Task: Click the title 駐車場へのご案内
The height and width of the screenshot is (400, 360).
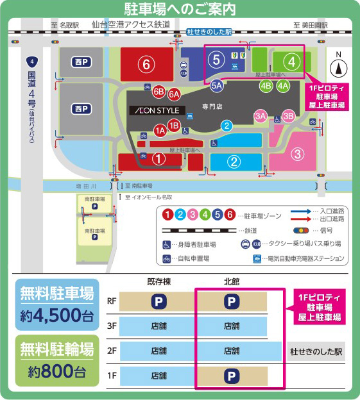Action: tap(180, 9)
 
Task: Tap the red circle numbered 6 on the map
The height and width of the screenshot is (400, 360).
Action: tap(147, 64)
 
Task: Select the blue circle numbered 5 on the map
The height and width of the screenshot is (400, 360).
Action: tap(216, 60)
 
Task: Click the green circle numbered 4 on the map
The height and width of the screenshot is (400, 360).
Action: tap(291, 62)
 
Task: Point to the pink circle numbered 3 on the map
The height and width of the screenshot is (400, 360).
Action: tap(297, 154)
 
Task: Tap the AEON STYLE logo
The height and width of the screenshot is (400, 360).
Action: tap(157, 110)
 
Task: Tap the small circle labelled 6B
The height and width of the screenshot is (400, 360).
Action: tap(159, 91)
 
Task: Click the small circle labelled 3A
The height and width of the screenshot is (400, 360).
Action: tap(260, 116)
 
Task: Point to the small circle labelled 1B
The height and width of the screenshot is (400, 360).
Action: tap(173, 126)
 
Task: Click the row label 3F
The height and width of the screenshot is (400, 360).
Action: tap(111, 326)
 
